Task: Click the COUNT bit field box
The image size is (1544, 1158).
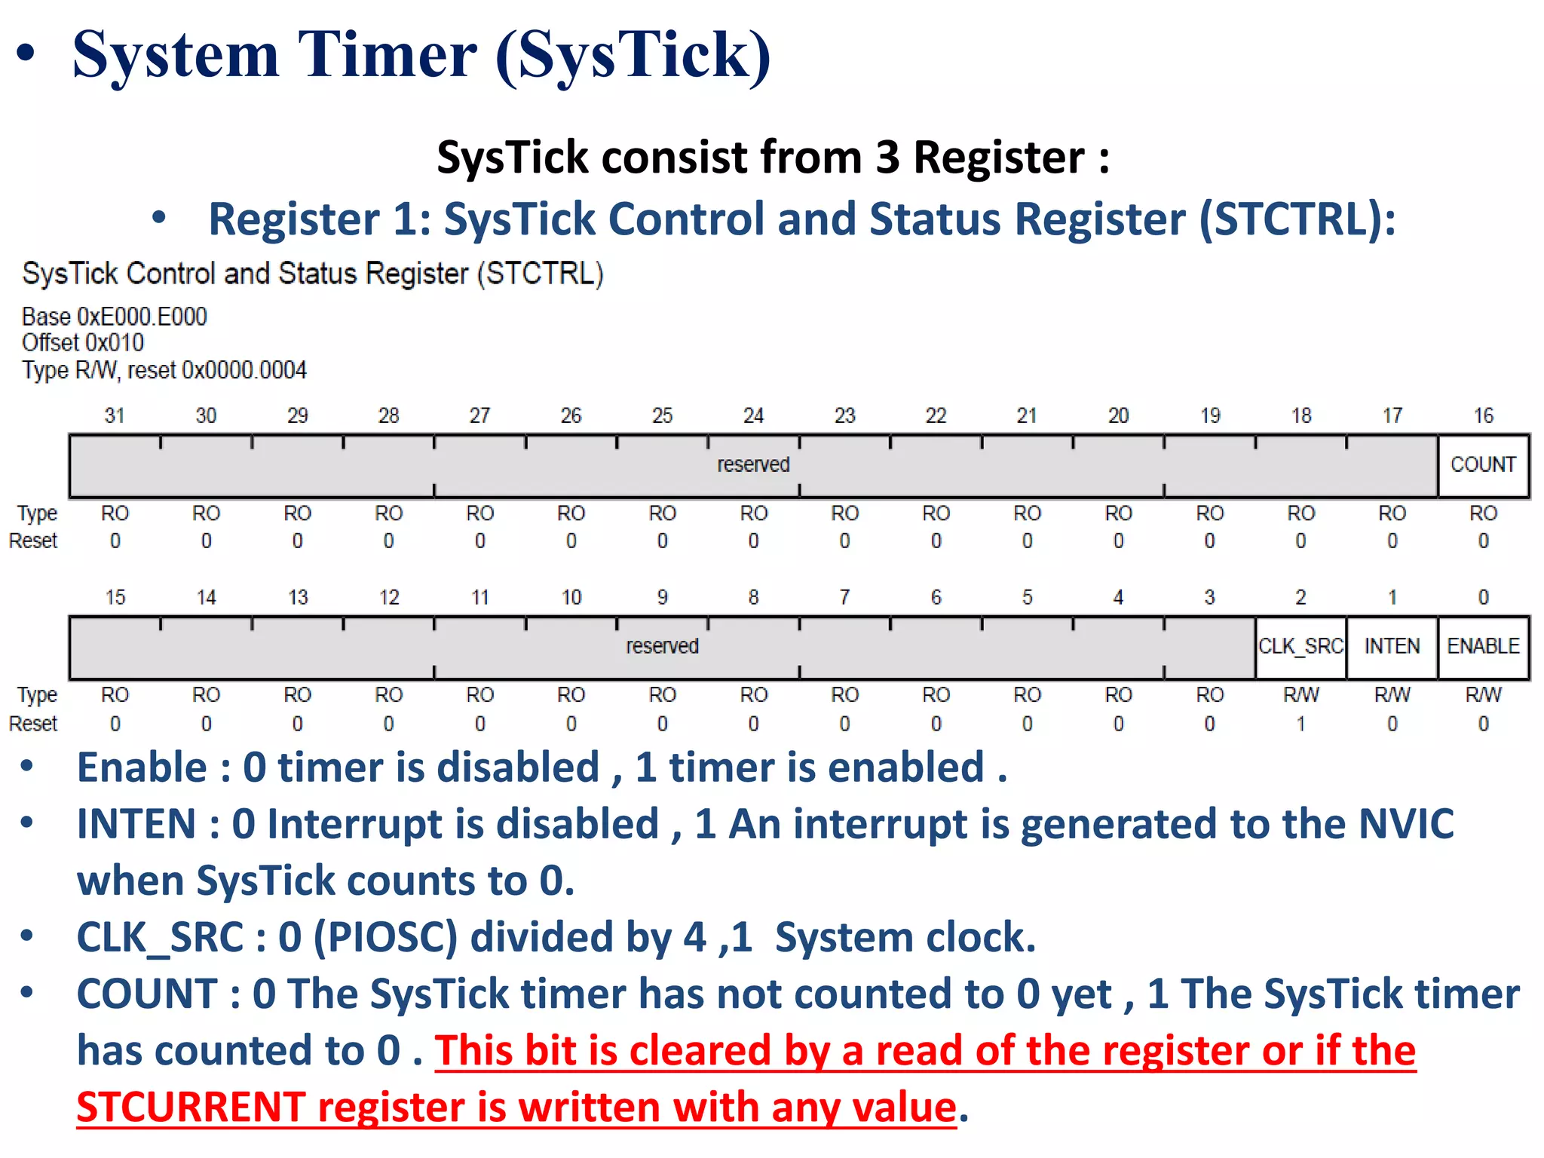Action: tap(1483, 464)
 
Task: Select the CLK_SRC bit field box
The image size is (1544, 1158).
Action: tap(1300, 647)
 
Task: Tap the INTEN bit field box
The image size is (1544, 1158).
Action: tap(1392, 647)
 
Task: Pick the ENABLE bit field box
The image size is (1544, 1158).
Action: tap(1483, 647)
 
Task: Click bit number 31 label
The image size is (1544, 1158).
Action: tap(115, 415)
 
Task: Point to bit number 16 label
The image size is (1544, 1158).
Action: tap(1483, 415)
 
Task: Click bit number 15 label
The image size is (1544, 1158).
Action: tap(115, 597)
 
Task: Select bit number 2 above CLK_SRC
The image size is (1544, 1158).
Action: tap(1300, 597)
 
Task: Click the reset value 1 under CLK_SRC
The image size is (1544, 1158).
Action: tap(1300, 724)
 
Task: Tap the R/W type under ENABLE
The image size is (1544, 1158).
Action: tap(1483, 695)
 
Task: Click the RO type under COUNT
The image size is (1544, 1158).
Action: tap(1483, 513)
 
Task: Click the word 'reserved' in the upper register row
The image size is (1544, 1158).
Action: tap(753, 464)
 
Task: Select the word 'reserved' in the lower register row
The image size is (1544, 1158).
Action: tap(662, 647)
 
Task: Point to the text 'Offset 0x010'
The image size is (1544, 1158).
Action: tap(83, 343)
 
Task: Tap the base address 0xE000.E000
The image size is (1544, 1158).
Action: tap(142, 317)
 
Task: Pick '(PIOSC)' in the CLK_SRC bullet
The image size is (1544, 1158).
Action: tap(384, 937)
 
